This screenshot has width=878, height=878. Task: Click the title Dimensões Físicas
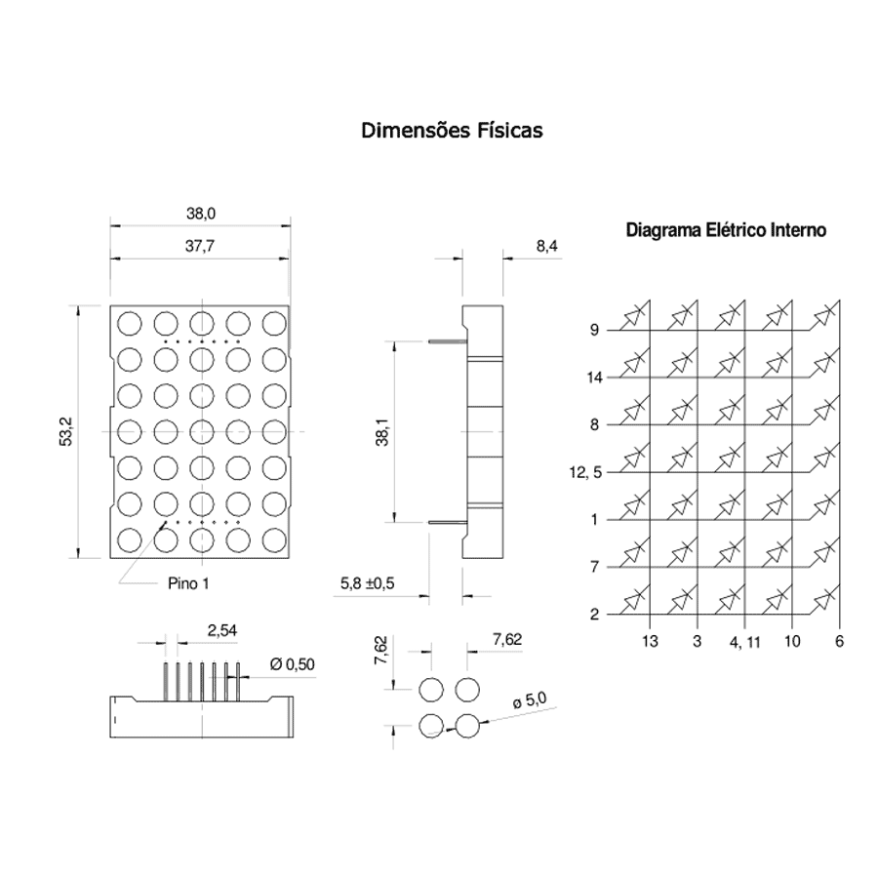pyautogui.click(x=452, y=131)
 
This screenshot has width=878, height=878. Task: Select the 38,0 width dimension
pyautogui.click(x=201, y=214)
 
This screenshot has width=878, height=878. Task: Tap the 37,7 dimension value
pyautogui.click(x=200, y=246)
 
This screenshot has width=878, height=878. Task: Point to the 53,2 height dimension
pyautogui.click(x=66, y=432)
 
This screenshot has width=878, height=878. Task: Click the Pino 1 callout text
pyautogui.click(x=188, y=583)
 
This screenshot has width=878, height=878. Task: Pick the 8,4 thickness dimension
pyautogui.click(x=547, y=246)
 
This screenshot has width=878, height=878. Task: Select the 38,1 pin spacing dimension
pyautogui.click(x=382, y=432)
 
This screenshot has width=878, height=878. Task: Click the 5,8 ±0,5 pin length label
pyautogui.click(x=368, y=583)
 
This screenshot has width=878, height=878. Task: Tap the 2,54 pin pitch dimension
pyautogui.click(x=222, y=630)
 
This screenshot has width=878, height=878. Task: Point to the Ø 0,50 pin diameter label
pyautogui.click(x=293, y=664)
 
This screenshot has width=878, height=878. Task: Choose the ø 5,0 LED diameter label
pyautogui.click(x=530, y=699)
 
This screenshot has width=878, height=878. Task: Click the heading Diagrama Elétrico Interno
pyautogui.click(x=726, y=230)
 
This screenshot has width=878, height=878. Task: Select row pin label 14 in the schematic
pyautogui.click(x=595, y=378)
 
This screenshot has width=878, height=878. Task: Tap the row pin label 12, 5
pyautogui.click(x=585, y=472)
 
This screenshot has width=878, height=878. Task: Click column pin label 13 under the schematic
pyautogui.click(x=650, y=641)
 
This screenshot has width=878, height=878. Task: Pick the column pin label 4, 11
pyautogui.click(x=744, y=642)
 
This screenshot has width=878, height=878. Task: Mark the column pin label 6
pyautogui.click(x=839, y=641)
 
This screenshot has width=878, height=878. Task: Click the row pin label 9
pyautogui.click(x=595, y=330)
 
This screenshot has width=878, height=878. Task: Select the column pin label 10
pyautogui.click(x=792, y=641)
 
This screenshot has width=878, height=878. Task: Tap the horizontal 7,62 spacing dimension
pyautogui.click(x=507, y=639)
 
